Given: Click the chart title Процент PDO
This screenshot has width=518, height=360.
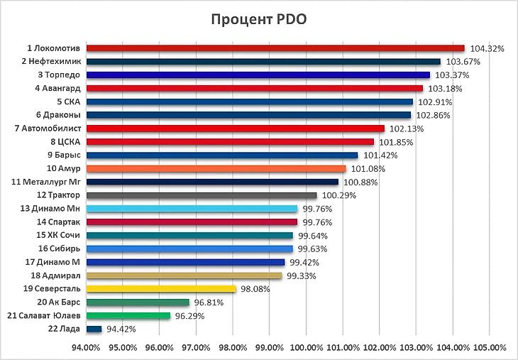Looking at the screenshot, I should point(259,19).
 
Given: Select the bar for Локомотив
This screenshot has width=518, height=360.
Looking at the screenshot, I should point(275,48).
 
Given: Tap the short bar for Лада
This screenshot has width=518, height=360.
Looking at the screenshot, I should point(94,329).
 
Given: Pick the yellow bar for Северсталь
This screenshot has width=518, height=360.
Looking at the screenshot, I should point(160,289).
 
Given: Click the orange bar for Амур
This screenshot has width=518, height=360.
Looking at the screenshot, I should point(216,168).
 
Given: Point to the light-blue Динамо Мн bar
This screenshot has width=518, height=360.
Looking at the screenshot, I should point(192,209).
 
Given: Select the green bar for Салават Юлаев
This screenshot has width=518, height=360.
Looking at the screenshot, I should point(128,315).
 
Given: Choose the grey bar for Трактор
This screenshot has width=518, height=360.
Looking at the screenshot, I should point(201,195).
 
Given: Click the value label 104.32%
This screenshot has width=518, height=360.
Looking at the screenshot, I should point(487,49).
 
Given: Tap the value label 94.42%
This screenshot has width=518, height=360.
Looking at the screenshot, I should point(122,329).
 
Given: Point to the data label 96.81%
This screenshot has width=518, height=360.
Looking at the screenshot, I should point(209,302).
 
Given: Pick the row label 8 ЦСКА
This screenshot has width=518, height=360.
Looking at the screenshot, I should point(65,142).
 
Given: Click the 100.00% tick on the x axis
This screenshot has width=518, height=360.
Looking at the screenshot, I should point(307,348).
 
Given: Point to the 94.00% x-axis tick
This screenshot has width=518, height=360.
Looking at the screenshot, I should point(86,348).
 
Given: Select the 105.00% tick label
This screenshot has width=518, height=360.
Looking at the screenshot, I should point(490,348).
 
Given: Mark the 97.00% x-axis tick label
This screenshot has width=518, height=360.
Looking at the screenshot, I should point(196,348).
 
